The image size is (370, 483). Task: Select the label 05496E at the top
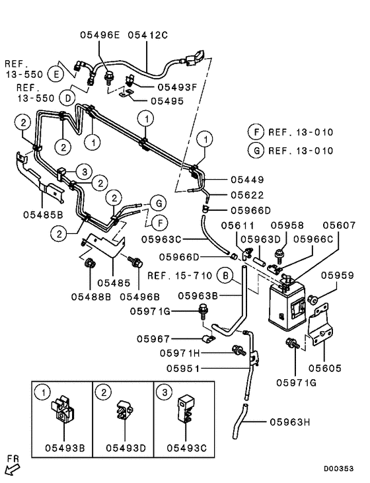tap(100, 32)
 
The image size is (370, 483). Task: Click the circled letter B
tap(226, 275)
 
